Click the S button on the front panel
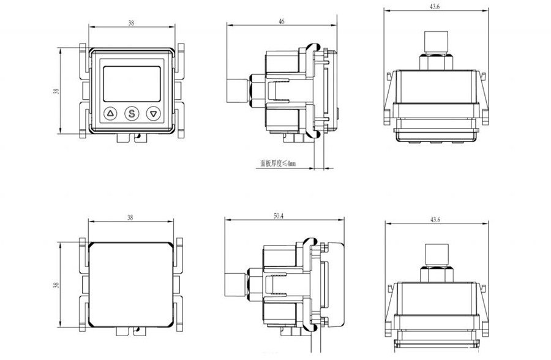click(132, 113)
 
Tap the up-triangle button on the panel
click(111, 113)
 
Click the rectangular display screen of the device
click(132, 84)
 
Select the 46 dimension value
click(282, 22)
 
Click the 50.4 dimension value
click(279, 216)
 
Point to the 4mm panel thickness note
click(278, 163)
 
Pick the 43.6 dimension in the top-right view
click(435, 7)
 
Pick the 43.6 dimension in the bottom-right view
click(435, 220)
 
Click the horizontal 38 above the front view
click(131, 23)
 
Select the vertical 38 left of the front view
click(56, 91)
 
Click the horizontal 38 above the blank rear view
click(130, 217)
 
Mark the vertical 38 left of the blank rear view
click(56, 285)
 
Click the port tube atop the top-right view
click(436, 42)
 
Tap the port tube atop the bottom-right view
click(437, 255)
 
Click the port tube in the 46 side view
click(238, 91)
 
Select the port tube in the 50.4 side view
click(236, 285)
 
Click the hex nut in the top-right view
click(436, 61)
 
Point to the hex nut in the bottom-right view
click(437, 274)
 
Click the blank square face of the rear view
click(131, 285)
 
